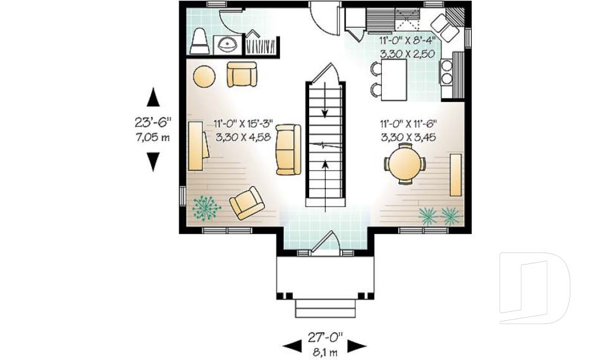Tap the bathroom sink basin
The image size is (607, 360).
tap(226, 44)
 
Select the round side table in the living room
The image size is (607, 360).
tap(204, 77)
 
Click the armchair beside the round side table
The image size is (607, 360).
tap(242, 75)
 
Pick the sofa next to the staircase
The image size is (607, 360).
tap(288, 149)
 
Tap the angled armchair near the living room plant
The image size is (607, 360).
tap(246, 202)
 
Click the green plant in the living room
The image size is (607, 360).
tap(206, 208)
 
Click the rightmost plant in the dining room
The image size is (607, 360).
tap(451, 216)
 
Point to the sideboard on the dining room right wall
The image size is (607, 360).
tap(455, 175)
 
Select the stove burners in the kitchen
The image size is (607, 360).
tap(447, 71)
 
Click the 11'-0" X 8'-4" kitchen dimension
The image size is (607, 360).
tap(406, 40)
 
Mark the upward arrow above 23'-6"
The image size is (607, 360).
tap(153, 97)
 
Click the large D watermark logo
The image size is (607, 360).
tap(534, 288)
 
